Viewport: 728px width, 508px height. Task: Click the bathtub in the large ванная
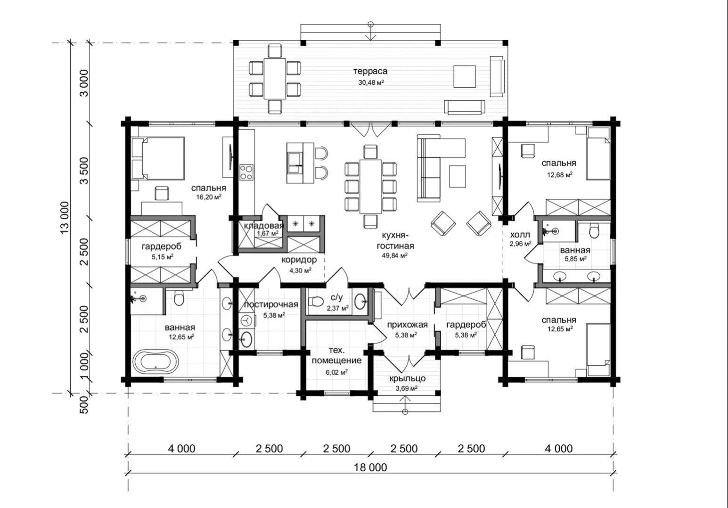click(x=155, y=361)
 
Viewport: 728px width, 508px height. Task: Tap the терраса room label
click(x=370, y=71)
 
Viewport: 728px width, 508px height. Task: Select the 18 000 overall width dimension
click(x=370, y=467)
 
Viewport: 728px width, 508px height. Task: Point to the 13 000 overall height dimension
click(x=65, y=217)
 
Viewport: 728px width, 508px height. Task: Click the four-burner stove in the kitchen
click(x=246, y=172)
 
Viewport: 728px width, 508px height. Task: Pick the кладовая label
click(x=264, y=226)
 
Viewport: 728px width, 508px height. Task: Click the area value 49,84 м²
click(x=395, y=255)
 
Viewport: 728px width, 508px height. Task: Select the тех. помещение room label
click(x=336, y=355)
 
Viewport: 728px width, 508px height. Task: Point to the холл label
click(x=520, y=235)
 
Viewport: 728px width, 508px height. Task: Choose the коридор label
click(x=299, y=260)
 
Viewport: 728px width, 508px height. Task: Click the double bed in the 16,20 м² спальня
click(x=158, y=158)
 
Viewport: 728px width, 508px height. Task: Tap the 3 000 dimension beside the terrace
click(x=84, y=83)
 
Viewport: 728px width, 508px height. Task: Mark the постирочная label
click(x=271, y=304)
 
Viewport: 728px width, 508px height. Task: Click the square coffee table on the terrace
click(x=465, y=76)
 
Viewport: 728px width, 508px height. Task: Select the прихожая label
click(x=407, y=325)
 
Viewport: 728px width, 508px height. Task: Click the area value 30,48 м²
click(x=371, y=82)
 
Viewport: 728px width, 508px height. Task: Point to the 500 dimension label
click(x=84, y=405)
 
